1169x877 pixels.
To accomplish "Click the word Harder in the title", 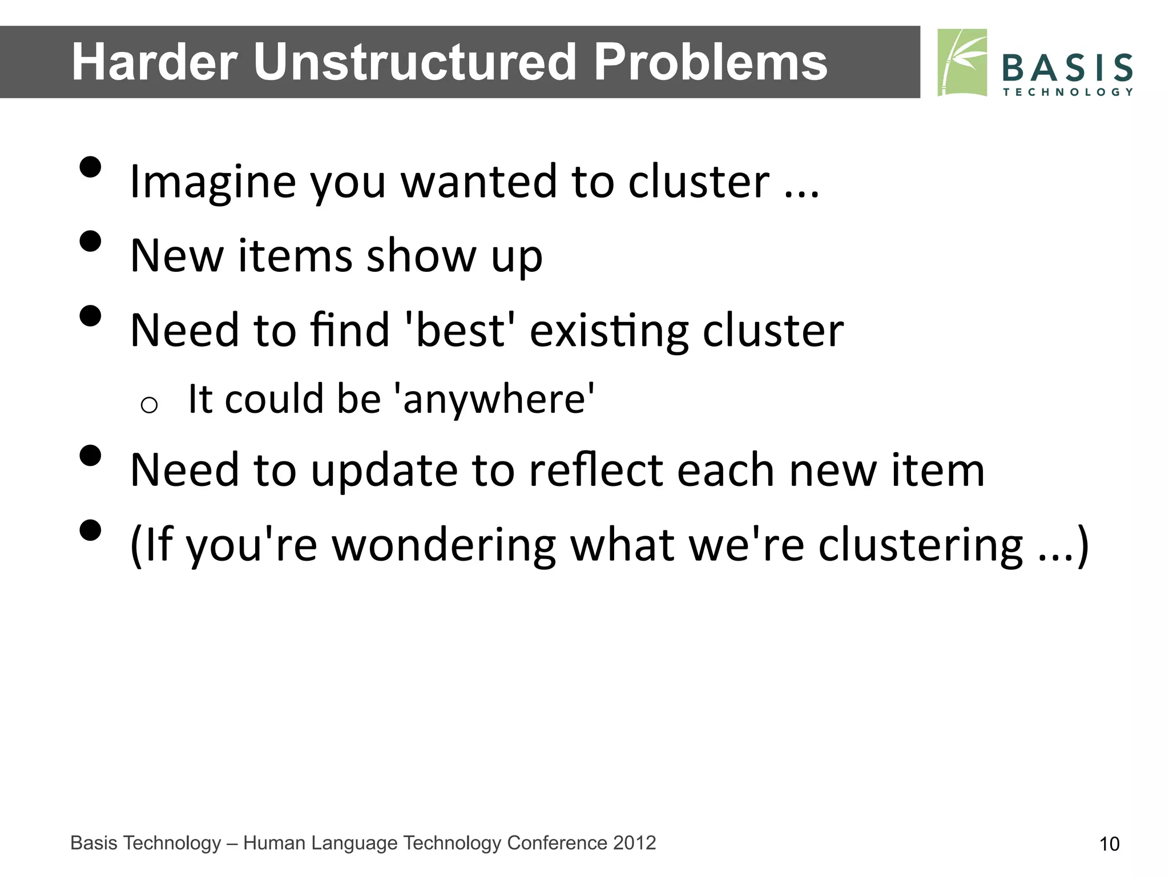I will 154,62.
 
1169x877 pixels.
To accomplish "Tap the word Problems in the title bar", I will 710,62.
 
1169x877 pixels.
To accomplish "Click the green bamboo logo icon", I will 962,62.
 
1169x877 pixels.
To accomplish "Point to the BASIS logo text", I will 1067,68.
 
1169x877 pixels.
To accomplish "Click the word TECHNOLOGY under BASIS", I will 1067,92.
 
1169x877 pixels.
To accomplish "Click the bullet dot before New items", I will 90,242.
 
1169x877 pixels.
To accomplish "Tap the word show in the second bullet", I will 421,256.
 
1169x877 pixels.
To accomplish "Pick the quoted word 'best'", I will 460,330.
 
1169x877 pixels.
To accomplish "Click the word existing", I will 608,331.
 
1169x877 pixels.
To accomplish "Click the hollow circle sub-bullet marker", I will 149,405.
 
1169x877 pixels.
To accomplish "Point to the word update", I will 384,471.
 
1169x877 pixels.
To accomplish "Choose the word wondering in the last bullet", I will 444,545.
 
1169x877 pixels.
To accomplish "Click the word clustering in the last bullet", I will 920,545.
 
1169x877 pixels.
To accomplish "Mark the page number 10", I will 1109,844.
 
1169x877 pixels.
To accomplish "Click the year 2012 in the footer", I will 634,843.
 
